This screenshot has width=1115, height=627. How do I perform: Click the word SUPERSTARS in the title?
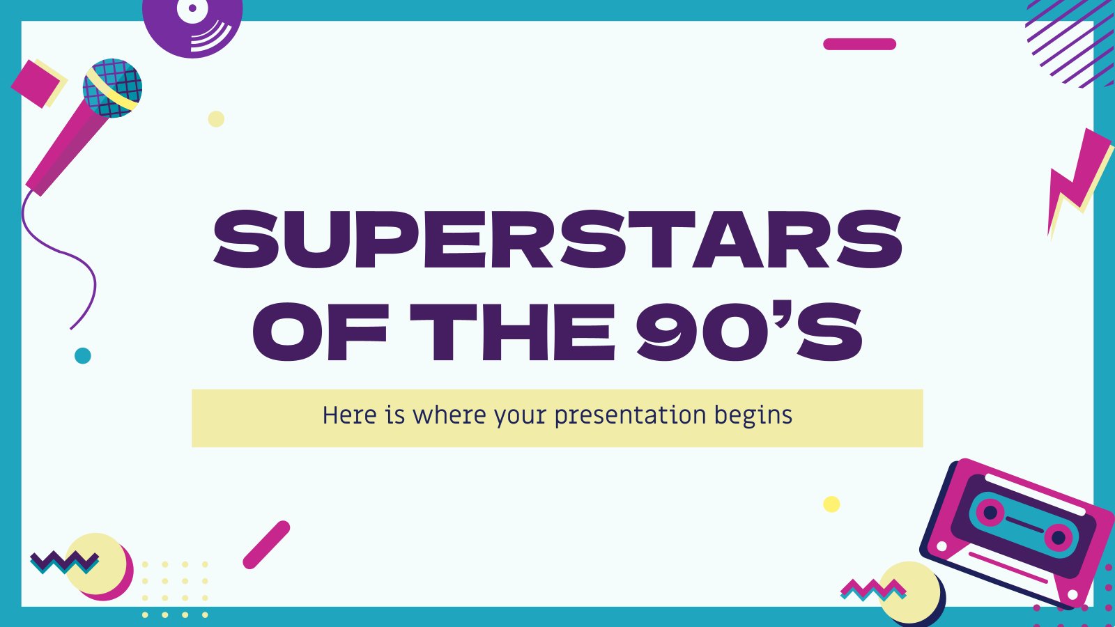557,239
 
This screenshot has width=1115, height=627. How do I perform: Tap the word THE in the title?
513,332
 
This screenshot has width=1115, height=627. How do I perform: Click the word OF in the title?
320,332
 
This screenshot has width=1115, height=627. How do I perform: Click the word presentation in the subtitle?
630,416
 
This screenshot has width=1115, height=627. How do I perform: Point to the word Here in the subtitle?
349,415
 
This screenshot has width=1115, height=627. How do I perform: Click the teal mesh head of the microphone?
112,88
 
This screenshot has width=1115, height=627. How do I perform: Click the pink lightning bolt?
1078,179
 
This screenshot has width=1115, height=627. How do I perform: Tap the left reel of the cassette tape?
990,512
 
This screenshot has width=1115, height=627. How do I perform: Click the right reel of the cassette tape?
1059,537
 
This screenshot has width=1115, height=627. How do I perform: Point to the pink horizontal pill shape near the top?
860,45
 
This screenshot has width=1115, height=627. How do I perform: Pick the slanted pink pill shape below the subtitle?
266,545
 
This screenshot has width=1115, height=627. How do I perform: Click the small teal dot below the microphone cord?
83,356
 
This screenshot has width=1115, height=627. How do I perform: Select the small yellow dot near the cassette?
831,504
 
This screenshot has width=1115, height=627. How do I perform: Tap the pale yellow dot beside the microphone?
216,119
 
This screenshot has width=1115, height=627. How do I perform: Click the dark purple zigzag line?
65,560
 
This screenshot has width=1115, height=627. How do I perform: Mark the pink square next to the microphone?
36,83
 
